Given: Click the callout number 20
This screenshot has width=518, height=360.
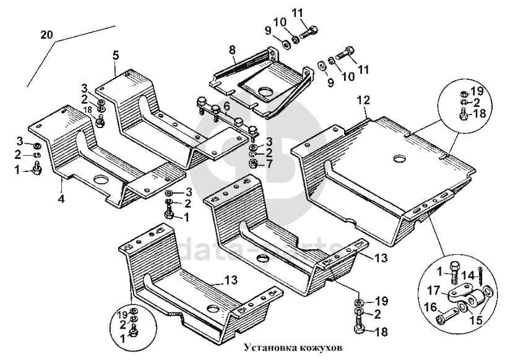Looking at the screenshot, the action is tap(46, 35).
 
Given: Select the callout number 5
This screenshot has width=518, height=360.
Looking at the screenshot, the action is tap(115, 55).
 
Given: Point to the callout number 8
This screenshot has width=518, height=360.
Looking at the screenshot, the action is tap(233, 50).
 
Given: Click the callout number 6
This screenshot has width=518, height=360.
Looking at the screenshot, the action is tap(227, 106).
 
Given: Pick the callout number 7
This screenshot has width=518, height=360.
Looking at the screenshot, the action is tap(270, 163).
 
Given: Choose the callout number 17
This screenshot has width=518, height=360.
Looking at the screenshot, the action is tap(434, 290).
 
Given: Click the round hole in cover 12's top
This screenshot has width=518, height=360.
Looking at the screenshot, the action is tap(400, 159).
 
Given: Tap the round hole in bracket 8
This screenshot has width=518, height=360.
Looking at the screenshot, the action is tap(265, 91).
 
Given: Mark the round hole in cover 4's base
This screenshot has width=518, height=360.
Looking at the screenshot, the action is tap(100, 179).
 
